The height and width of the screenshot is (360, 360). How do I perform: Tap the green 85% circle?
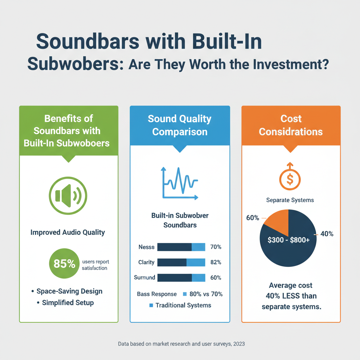point(65,264)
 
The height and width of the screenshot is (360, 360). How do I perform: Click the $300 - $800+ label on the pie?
point(288,240)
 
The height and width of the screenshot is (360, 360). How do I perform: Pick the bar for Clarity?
point(181,262)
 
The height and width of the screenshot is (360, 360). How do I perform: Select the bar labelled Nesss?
point(181,247)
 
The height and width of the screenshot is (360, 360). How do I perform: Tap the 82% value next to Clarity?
point(215,262)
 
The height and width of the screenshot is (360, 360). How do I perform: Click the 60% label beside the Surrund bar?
point(215,278)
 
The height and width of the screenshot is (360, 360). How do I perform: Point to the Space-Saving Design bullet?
point(69,291)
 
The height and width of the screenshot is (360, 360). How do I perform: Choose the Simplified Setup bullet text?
point(68,303)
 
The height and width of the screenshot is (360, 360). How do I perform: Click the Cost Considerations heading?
point(291,125)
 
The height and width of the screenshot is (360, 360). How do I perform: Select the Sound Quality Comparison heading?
point(180,125)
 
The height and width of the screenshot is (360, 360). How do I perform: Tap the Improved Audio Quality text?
point(67,232)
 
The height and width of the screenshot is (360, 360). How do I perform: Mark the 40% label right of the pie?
point(327,234)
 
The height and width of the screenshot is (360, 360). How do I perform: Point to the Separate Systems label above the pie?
point(290,200)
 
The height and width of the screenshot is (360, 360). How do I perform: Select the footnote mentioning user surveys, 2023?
point(181,344)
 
